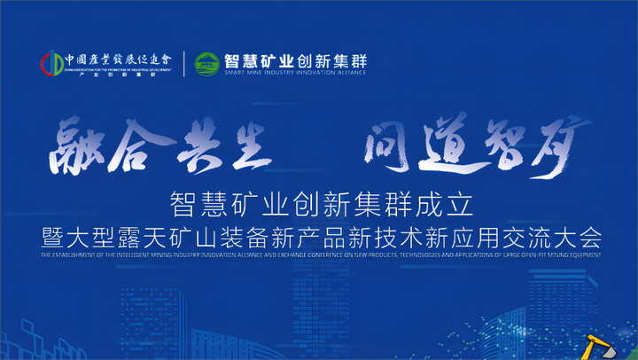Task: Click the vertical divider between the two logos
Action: click(184, 65)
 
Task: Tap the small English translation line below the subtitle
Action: click(319, 256)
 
